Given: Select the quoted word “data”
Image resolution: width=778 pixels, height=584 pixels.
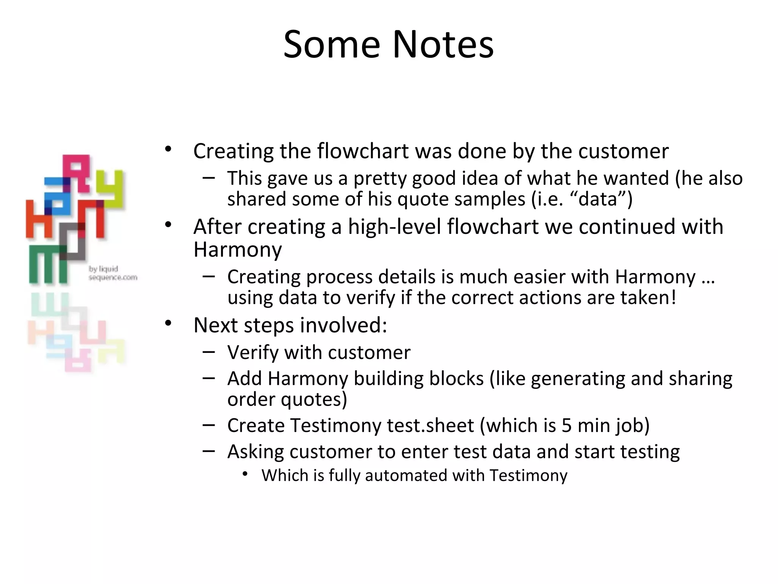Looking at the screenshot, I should click(x=598, y=199).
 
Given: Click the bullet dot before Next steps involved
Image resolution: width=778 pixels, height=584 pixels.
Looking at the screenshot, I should click(x=168, y=324).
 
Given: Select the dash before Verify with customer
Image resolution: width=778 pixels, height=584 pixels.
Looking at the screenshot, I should click(x=209, y=352).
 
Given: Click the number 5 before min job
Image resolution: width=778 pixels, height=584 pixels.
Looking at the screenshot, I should click(x=566, y=425).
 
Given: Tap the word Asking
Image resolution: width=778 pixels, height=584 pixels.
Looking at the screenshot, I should click(x=255, y=452).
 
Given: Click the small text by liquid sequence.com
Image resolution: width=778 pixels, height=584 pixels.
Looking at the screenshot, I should click(x=112, y=273).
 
